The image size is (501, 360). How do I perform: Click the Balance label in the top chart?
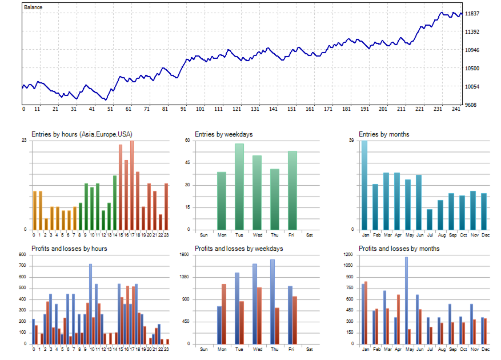33,7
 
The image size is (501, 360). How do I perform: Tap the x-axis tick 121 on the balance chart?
237,109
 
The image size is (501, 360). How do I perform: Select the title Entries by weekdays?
223,134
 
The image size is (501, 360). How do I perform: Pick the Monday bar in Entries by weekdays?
222,201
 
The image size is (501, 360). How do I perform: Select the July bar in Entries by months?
430,219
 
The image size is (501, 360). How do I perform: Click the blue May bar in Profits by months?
406,301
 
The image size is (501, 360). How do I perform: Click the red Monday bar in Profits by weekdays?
224,314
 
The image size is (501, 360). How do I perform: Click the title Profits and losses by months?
399,249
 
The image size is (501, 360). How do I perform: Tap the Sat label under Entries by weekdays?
310,235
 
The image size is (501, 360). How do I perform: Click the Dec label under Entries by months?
486,235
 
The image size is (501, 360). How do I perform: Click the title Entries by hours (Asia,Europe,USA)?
82,134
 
